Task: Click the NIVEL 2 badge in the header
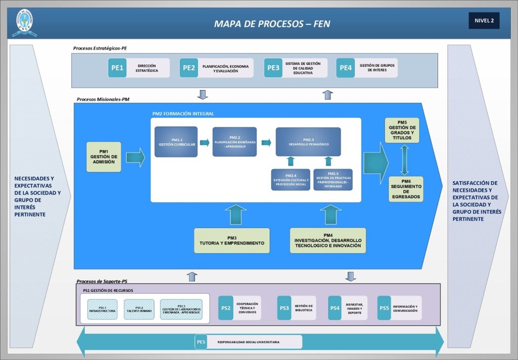tap(484, 21)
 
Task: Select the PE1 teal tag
tap(117, 68)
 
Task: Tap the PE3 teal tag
tap(273, 68)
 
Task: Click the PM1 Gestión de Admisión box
tap(104, 157)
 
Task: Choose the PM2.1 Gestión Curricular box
tap(176, 142)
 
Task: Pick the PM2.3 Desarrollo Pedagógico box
tap(308, 142)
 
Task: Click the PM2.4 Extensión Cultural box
tap(290, 180)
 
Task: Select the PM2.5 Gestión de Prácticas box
tap(333, 180)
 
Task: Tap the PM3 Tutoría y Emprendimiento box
tap(232, 241)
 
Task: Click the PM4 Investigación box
tap(328, 241)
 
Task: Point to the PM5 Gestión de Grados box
tap(402, 130)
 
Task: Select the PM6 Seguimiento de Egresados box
tap(406, 189)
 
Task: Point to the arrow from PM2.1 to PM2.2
tap(204, 143)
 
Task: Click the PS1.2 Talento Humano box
tap(139, 309)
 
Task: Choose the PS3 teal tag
tap(285, 308)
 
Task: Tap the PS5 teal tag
tap(384, 308)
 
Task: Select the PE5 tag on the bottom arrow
tap(201, 342)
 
